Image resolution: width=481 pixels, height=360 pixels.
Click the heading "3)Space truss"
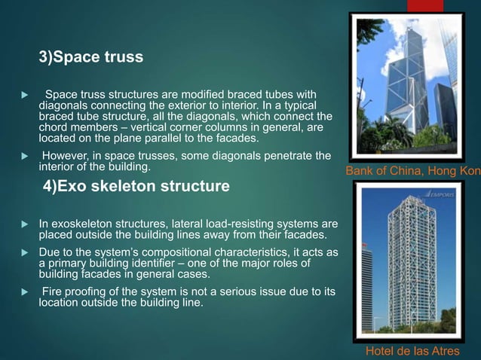90,57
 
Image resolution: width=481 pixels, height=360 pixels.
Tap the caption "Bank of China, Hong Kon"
412,172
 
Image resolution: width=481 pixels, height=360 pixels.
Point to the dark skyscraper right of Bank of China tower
445,113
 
